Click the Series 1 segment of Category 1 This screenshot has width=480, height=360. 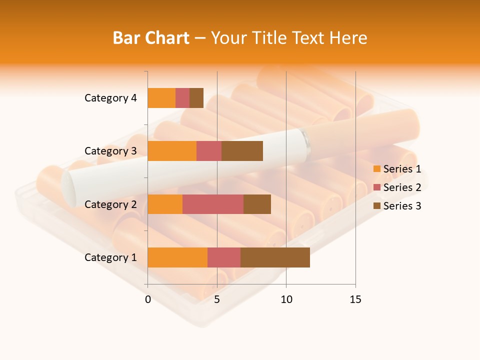point(177,257)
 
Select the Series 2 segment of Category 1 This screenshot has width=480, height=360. point(224,257)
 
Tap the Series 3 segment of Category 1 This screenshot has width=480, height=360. point(275,257)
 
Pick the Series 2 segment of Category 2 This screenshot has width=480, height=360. point(213,204)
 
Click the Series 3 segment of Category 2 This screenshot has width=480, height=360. point(257,204)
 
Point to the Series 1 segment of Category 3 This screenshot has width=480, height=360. point(172,151)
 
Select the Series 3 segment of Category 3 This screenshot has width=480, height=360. point(242,151)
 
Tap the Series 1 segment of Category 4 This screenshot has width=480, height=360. point(161,98)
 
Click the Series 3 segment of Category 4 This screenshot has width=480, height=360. point(196,98)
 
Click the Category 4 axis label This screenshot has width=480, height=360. point(110,98)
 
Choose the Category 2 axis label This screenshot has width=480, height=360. point(110,204)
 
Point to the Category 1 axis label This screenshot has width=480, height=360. point(110,257)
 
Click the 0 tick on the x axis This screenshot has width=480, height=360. point(148,299)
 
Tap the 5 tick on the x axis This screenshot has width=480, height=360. point(217,299)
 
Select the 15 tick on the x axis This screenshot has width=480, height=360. point(355,299)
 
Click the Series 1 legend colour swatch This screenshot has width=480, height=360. point(376,169)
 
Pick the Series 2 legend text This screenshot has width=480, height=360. point(402,187)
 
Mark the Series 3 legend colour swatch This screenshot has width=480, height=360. point(376,206)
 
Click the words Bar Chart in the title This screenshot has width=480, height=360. point(151,38)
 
